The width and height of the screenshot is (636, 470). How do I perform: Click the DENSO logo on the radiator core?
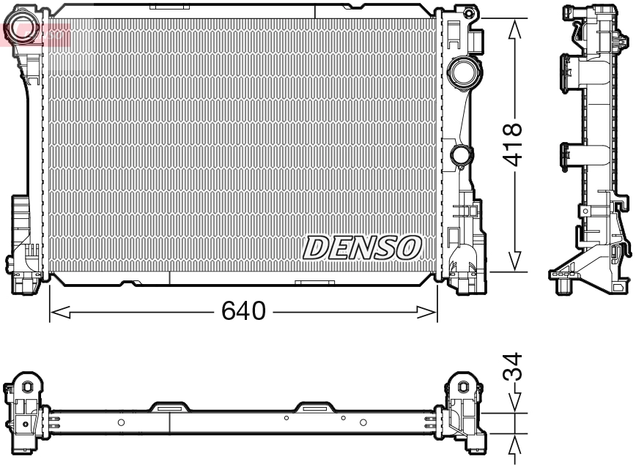point(363,247)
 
